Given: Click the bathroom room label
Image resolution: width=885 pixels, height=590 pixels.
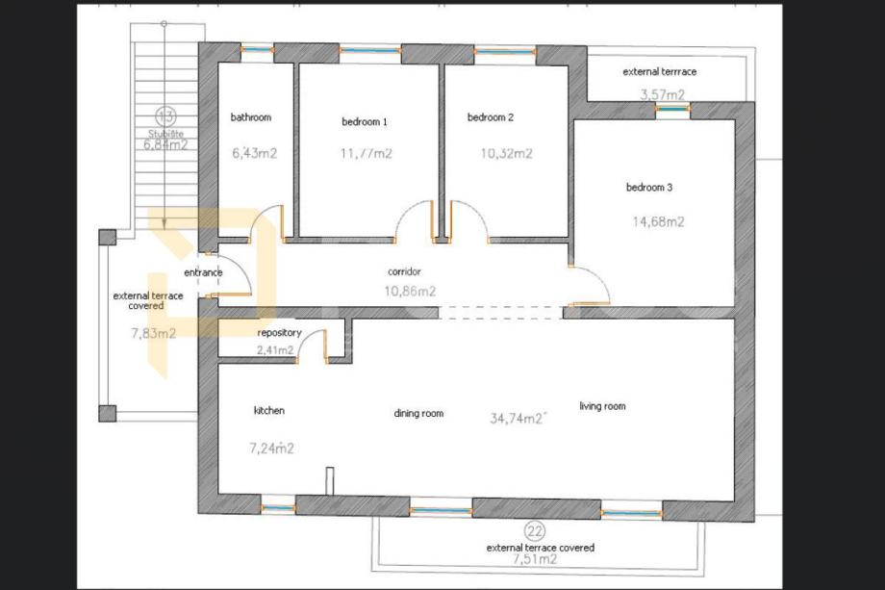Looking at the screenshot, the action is coord(251,117).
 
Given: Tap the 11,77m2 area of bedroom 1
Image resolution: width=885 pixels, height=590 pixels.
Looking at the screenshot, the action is coord(367,154).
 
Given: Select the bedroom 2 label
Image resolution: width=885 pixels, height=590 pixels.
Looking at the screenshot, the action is coord(491,117).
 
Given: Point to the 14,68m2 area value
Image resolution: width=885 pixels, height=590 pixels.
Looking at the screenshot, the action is coord(658,221).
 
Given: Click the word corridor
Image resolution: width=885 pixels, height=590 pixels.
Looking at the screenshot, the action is coord(404,271).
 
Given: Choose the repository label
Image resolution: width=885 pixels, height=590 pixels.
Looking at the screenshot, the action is coord(279,333).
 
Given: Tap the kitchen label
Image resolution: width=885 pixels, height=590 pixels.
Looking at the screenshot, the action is coord(269,410).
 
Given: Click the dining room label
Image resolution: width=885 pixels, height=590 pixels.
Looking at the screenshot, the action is coord(418,413).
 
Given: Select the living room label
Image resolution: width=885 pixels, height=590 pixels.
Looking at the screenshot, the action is coord(602,406).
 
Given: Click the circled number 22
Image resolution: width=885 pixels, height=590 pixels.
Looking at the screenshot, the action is coord(535,531).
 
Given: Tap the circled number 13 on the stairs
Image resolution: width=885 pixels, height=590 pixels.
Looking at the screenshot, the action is coord(165,116).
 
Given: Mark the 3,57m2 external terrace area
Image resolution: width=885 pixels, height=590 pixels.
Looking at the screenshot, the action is coord(663,94).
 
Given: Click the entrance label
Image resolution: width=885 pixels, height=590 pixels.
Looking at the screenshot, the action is coord(203,272).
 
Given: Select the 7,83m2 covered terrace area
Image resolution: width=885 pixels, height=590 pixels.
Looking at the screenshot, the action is coord(154,333).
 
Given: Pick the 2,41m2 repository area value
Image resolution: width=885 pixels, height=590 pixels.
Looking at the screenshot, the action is coord(275,350).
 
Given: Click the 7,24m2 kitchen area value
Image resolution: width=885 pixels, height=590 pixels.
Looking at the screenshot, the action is coord(271,449).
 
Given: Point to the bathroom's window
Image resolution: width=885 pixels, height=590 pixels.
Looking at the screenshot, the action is coord(258,50).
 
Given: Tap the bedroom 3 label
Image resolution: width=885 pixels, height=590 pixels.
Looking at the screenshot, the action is coord(649,188).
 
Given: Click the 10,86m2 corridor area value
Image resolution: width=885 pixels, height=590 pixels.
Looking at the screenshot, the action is coord(410,292).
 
